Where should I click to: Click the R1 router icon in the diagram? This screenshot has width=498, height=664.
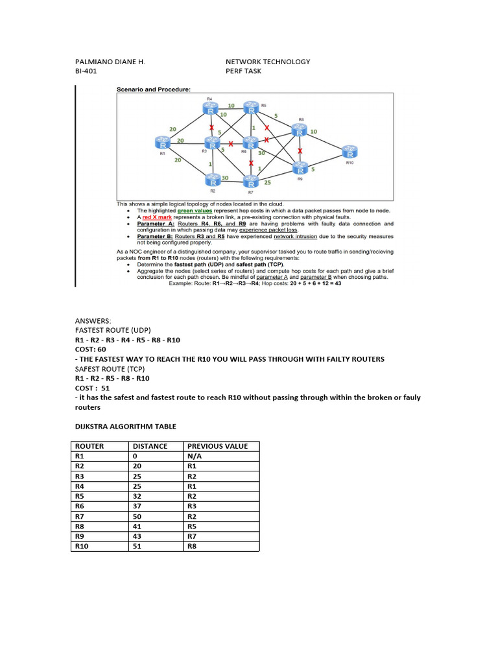tap(162, 142)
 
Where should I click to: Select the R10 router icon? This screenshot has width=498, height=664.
tap(350, 151)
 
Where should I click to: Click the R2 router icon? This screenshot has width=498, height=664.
tap(212, 179)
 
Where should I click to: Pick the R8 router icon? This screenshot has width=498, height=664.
tap(299, 130)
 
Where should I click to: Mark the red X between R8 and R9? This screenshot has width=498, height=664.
tap(299, 150)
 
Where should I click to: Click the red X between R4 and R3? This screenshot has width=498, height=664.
tap(211, 127)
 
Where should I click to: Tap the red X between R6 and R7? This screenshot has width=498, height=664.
tap(251, 163)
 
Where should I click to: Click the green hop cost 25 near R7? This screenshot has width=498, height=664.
tap(267, 183)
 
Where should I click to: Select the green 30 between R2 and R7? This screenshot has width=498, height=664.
tap(224, 178)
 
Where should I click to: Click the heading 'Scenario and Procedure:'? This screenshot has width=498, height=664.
tap(153, 89)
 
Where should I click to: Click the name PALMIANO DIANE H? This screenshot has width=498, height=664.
tap(110, 62)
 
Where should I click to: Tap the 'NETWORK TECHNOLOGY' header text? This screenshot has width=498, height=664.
tap(268, 62)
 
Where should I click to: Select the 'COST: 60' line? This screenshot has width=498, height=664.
tap(90, 349)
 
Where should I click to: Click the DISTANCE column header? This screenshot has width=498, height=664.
tap(150, 446)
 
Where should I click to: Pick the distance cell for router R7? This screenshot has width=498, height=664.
tap(138, 517)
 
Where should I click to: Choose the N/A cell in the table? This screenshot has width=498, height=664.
tap(195, 456)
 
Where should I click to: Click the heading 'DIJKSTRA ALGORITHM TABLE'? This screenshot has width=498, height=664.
tap(125, 426)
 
